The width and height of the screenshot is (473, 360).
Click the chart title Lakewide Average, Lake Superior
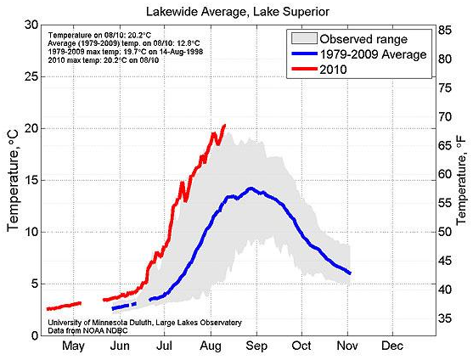click(x=236, y=11)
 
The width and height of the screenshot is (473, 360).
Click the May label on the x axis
click(x=73, y=346)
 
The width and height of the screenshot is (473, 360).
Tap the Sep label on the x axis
click(x=256, y=346)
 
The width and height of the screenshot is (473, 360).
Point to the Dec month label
click(x=392, y=346)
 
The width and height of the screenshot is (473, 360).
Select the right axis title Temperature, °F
click(x=462, y=180)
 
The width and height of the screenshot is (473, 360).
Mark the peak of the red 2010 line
click(x=224, y=126)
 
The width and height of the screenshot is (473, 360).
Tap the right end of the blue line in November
click(x=350, y=273)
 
